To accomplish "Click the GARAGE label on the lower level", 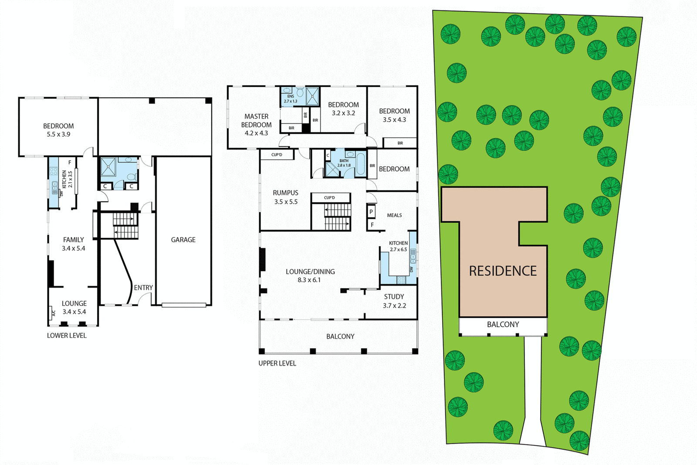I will click(183, 240).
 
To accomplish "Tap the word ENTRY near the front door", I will click(143, 288).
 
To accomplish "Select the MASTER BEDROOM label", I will click(256, 121).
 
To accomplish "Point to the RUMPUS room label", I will click(285, 193).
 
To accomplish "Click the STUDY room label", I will click(394, 297).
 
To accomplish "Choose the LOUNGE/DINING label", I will click(310, 272).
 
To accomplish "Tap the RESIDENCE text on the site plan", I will click(503, 271).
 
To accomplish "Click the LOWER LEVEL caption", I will click(67, 336).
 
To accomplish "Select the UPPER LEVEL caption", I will click(277, 363).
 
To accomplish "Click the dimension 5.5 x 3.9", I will click(58, 134).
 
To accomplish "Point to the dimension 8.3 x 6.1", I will click(309, 280).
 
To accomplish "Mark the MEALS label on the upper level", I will click(394, 215).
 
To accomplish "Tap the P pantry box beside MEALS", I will click(371, 212).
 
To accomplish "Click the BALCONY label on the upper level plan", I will click(340, 336).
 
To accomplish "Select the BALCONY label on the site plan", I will click(503, 325).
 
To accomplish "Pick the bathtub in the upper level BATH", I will click(360, 164).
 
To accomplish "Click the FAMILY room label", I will click(73, 240).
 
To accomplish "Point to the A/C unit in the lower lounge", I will click(53, 313).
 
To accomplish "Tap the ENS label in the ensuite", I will click(291, 96).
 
